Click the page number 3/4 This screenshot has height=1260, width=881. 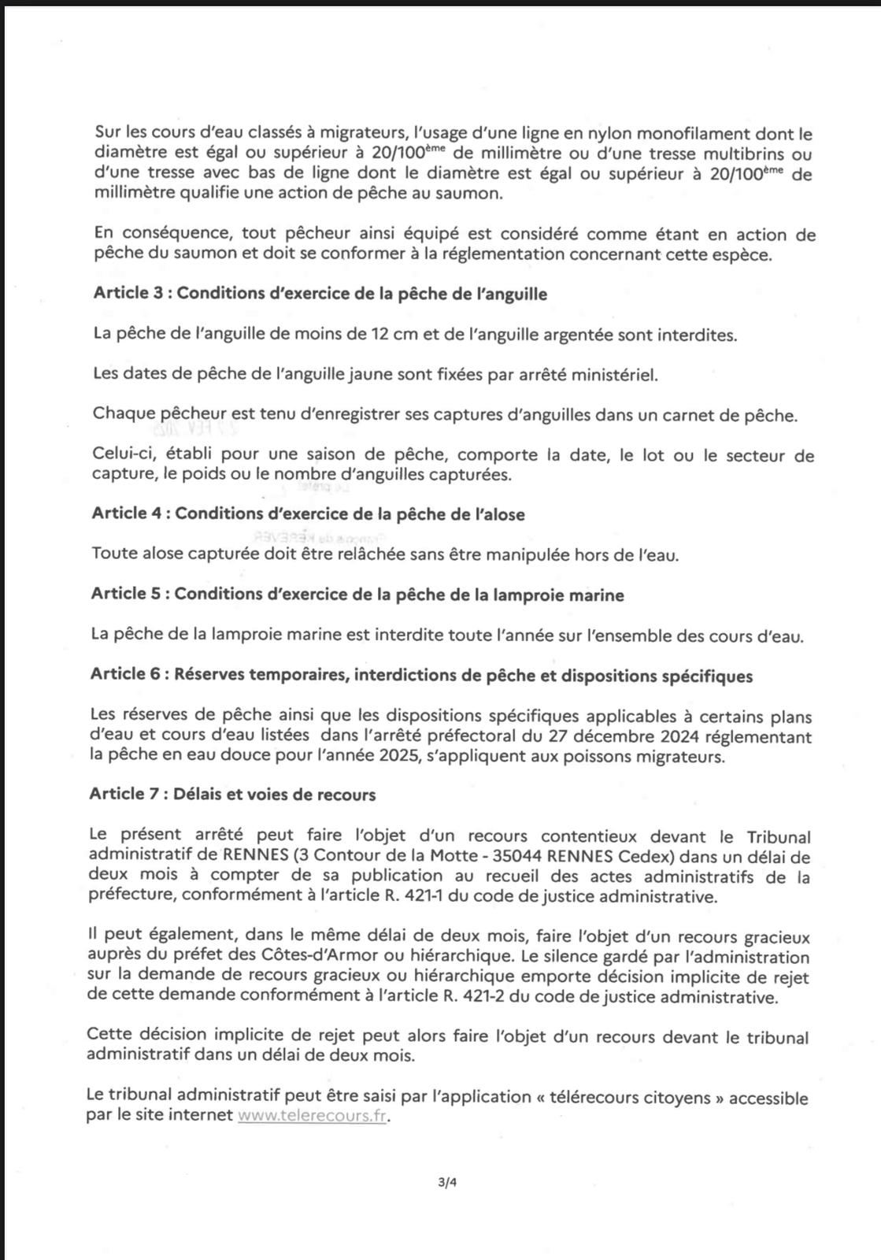(447, 1181)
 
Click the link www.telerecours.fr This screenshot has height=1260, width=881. (312, 1116)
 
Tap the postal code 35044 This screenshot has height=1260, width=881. (572, 856)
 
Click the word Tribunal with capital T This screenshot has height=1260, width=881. (778, 836)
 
